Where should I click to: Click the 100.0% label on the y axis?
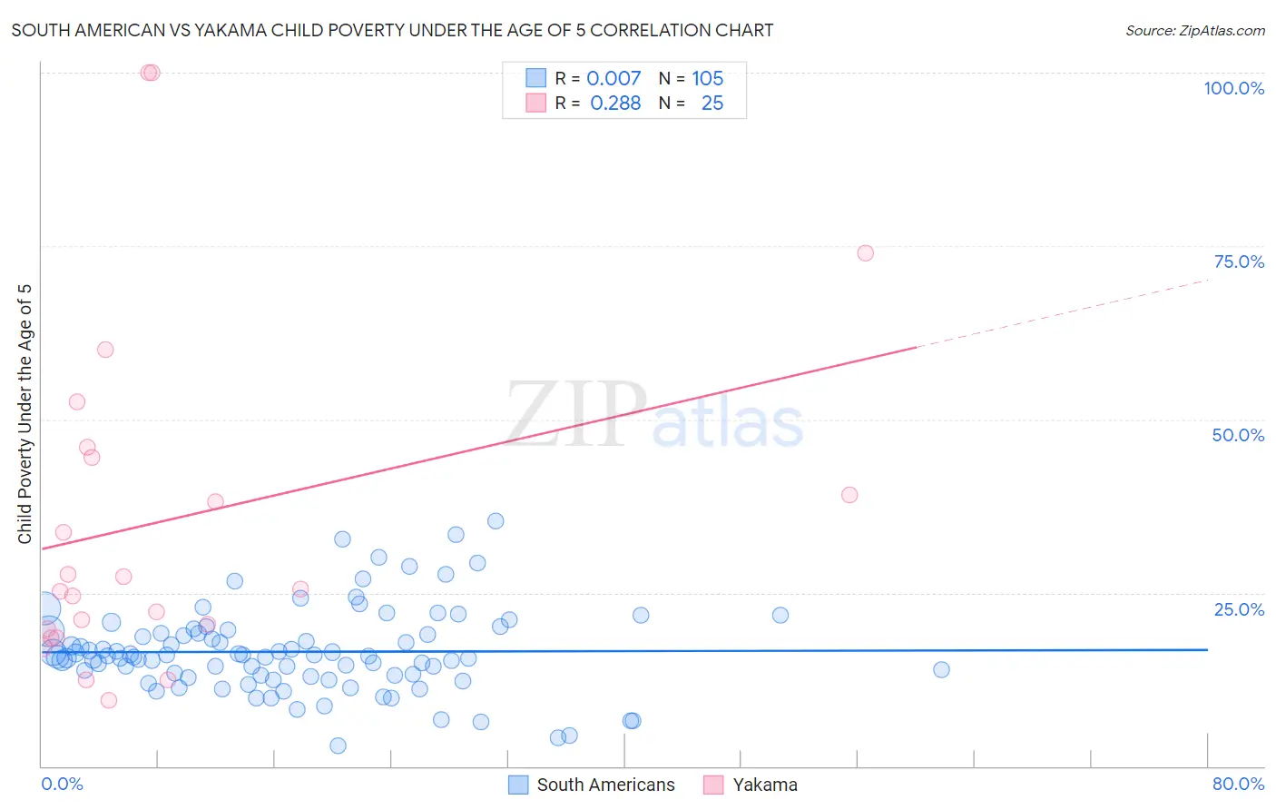click(x=1233, y=88)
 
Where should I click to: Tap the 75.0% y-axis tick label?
click(x=1239, y=262)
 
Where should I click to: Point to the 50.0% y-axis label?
click(x=1238, y=435)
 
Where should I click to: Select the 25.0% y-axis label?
click(x=1239, y=609)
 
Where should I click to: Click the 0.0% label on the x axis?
click(x=62, y=784)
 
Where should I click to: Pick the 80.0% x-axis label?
click(x=1238, y=784)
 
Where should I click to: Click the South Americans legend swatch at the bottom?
click(x=518, y=785)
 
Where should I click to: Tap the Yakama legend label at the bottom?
click(x=765, y=785)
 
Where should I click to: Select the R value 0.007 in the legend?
click(x=613, y=78)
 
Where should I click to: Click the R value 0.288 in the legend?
click(x=615, y=104)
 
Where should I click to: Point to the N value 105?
click(x=707, y=78)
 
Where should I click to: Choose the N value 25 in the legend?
click(x=712, y=104)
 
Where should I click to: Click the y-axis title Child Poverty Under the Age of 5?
click(x=25, y=414)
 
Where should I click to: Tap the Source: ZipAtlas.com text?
click(x=1194, y=31)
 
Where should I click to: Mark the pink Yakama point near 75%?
click(x=865, y=253)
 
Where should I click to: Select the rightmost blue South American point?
click(x=941, y=669)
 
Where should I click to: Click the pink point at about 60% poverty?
click(x=105, y=350)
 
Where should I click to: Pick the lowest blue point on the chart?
click(x=338, y=746)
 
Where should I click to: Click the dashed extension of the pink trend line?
click(x=1062, y=313)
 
